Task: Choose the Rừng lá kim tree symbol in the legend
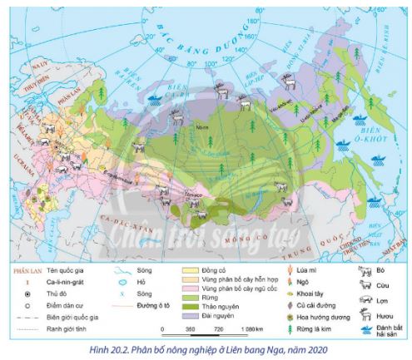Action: (290, 328)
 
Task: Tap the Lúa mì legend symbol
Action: (290, 269)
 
